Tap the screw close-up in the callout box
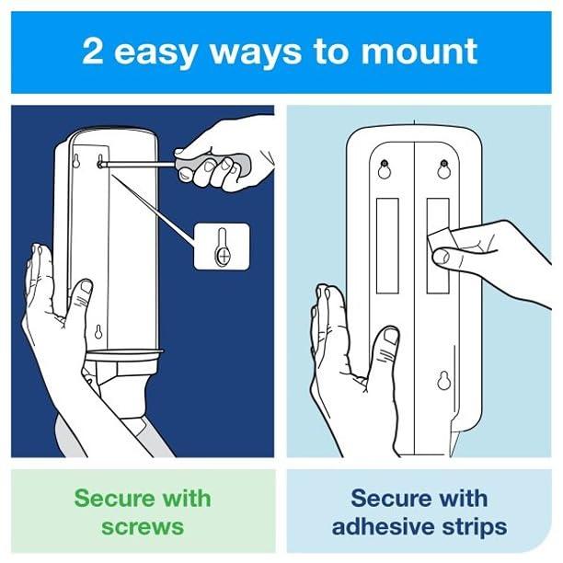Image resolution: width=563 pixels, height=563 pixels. click(x=222, y=250)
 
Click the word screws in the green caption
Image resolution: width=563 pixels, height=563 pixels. click(x=142, y=527)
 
